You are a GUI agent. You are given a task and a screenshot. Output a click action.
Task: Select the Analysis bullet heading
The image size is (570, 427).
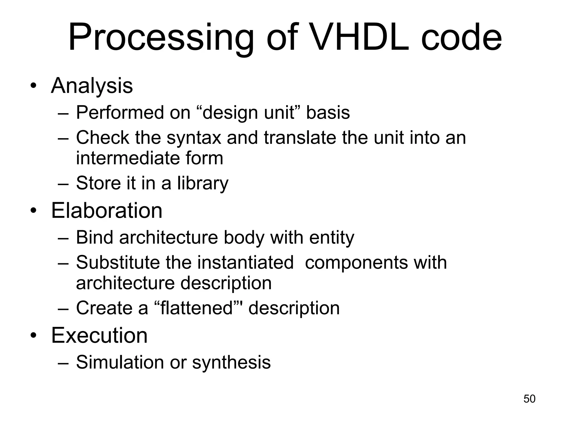point(92,85)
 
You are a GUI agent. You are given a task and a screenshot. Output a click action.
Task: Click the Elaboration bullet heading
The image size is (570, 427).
point(107,210)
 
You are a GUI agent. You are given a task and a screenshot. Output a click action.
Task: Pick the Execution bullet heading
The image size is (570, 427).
point(99,335)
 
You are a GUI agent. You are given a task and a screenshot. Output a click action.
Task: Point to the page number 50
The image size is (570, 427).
point(529,399)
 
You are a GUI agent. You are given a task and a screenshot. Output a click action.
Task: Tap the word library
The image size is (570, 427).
point(203,183)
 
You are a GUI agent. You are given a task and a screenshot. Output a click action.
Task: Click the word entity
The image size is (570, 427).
point(331,238)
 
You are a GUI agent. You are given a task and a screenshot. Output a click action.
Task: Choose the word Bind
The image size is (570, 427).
point(94,237)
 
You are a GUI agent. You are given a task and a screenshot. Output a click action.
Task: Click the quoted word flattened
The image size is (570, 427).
point(197,308)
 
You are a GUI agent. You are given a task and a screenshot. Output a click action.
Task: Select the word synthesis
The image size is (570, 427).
point(231,363)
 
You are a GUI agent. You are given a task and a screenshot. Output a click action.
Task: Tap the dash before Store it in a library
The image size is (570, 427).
point(63,184)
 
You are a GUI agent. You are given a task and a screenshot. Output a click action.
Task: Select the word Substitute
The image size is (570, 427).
point(118,262)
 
